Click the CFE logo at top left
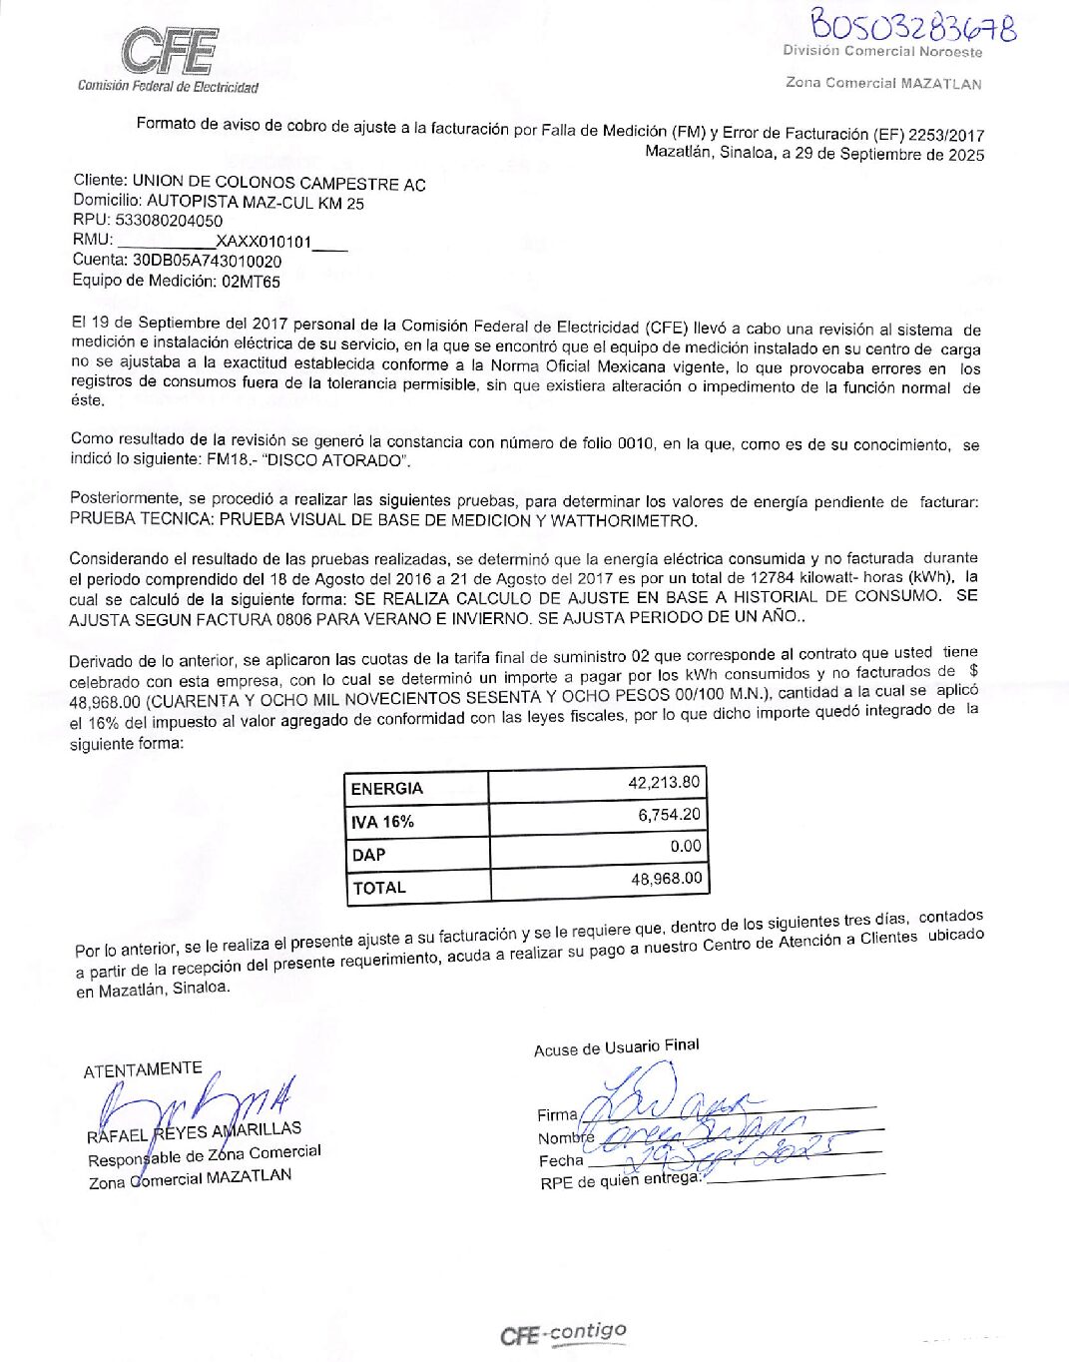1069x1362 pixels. (x=169, y=52)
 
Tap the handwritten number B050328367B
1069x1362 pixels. (x=912, y=24)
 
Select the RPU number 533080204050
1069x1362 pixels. (x=169, y=221)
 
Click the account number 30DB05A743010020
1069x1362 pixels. (x=207, y=261)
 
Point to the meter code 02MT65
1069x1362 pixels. (x=251, y=282)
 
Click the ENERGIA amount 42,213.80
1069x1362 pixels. (x=664, y=782)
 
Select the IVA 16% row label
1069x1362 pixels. (x=382, y=822)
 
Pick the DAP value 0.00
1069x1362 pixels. (x=685, y=846)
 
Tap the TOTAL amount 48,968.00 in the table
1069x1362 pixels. (x=666, y=879)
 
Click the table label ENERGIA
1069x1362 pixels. (x=387, y=788)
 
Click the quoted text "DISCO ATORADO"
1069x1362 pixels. (x=334, y=460)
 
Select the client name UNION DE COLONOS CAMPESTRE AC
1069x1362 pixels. (x=278, y=184)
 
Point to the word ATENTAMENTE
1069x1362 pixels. (x=143, y=1069)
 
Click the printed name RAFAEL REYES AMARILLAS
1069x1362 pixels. (x=194, y=1132)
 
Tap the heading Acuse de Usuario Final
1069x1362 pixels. (x=616, y=1046)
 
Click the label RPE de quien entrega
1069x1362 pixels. (x=620, y=1180)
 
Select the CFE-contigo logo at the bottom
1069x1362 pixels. (x=563, y=1333)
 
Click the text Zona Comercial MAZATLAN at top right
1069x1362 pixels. (x=882, y=83)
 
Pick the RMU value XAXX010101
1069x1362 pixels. (x=264, y=242)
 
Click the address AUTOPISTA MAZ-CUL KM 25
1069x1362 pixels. (x=256, y=203)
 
